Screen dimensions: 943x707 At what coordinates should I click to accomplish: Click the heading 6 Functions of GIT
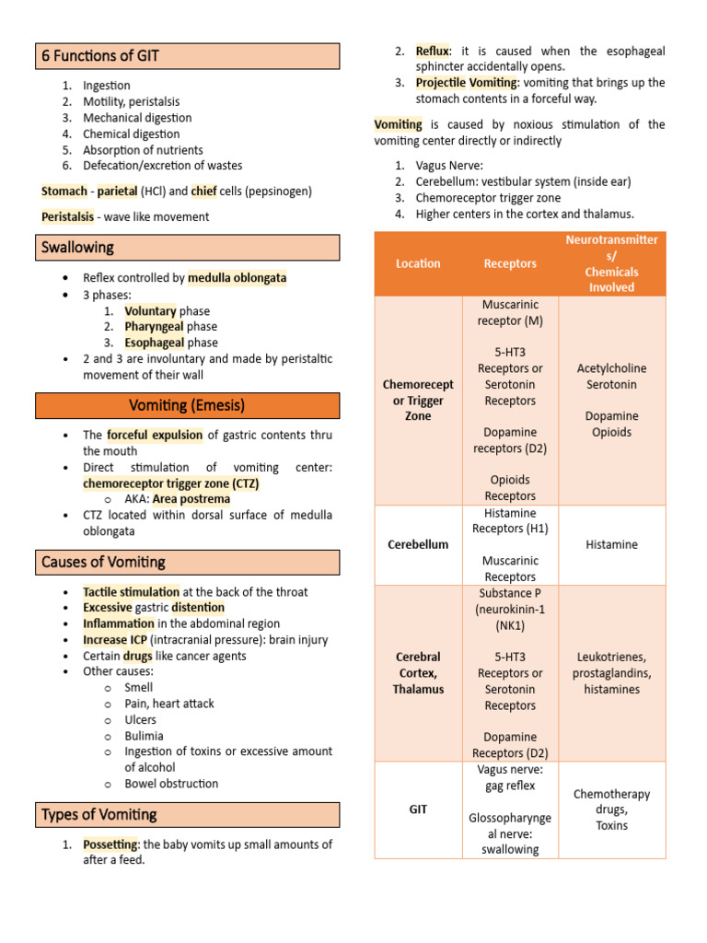click(x=100, y=56)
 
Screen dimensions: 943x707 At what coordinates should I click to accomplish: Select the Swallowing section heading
click(x=78, y=248)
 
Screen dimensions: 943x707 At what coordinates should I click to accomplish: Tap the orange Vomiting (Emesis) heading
click(x=187, y=405)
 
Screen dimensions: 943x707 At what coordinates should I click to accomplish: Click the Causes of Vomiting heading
click(x=103, y=562)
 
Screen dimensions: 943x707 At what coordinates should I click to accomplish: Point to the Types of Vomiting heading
click(x=99, y=814)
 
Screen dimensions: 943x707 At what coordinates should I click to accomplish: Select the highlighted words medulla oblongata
click(x=237, y=277)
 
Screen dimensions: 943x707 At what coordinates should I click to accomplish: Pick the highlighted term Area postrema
click(x=191, y=499)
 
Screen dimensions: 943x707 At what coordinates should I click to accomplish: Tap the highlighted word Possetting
click(x=110, y=844)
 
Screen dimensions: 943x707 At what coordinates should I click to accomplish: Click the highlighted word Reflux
click(x=432, y=51)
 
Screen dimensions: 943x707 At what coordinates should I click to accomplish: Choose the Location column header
click(x=418, y=263)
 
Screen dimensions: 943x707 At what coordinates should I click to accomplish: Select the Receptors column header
click(x=510, y=263)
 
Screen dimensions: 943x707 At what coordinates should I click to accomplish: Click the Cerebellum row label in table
click(x=418, y=544)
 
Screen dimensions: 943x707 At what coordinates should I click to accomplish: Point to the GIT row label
click(x=418, y=809)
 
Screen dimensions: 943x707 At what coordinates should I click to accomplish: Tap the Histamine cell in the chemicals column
click(x=611, y=544)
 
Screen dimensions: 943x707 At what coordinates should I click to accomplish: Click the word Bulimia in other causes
click(x=145, y=736)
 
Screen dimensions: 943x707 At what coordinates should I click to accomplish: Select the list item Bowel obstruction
click(x=171, y=784)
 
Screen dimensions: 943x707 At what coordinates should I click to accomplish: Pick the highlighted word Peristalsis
click(x=67, y=216)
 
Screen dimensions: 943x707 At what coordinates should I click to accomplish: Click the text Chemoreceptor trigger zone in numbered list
click(x=488, y=198)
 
